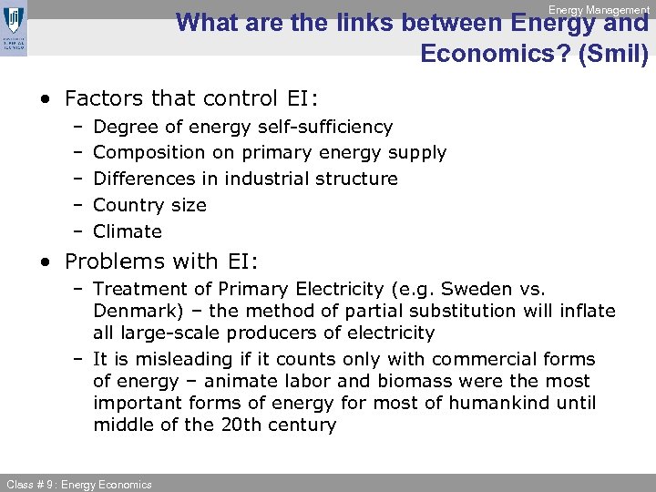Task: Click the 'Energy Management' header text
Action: point(599,10)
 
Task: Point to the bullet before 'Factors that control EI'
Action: point(46,98)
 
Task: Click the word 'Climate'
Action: point(128,231)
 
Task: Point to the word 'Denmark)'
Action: point(135,312)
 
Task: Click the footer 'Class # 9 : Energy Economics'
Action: point(77,484)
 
